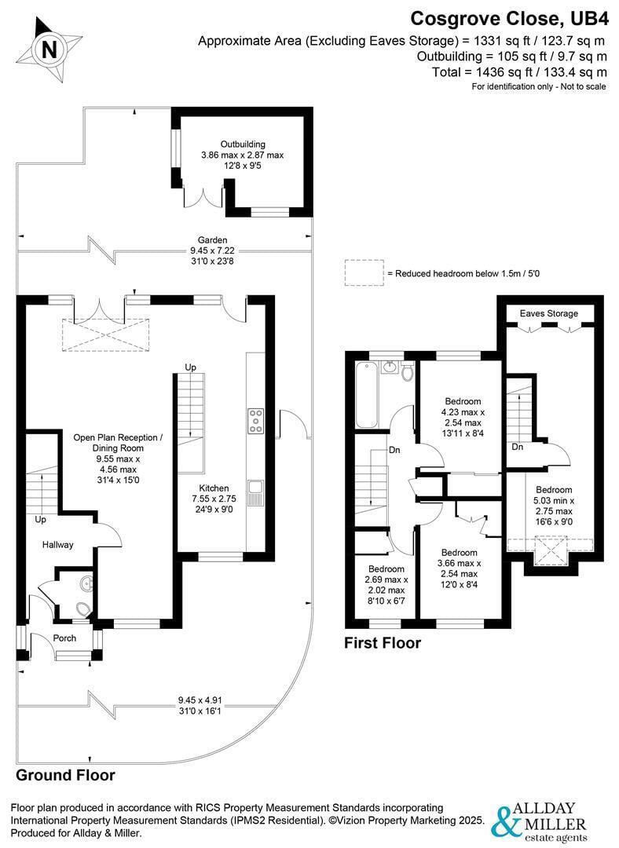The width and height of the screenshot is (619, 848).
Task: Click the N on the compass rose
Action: tap(49, 50)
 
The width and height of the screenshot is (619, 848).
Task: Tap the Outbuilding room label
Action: tap(243, 144)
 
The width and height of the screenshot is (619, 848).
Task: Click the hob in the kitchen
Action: tap(255, 422)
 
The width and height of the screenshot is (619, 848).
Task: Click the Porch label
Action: tap(64, 638)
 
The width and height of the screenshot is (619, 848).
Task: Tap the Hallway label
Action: tap(58, 545)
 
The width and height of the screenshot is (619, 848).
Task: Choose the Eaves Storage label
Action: tap(548, 313)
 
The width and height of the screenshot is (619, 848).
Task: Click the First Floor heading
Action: tap(383, 643)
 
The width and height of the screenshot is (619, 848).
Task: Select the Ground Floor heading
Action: tap(65, 775)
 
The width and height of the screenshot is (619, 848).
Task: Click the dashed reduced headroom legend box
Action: tap(364, 272)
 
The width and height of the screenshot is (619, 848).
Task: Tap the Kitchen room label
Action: tap(214, 488)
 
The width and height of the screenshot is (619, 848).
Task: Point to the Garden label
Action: tap(212, 240)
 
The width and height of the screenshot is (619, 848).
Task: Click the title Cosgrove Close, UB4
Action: tap(510, 19)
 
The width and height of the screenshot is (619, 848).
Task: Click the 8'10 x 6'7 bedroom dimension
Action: tap(386, 601)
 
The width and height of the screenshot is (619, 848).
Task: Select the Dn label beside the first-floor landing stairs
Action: tap(394, 450)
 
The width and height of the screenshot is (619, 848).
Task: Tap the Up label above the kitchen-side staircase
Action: tap(190, 367)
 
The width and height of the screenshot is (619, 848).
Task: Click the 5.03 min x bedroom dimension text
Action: tap(554, 501)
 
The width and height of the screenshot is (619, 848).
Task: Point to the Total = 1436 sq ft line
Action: tap(519, 72)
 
